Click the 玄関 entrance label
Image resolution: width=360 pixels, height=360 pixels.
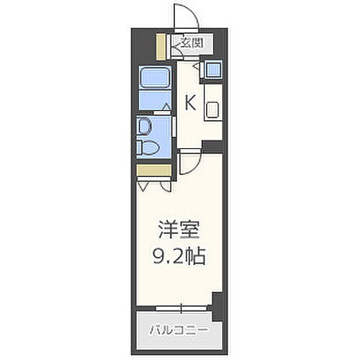pyautogui.click(x=191, y=43)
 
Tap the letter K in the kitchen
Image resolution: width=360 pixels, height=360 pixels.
pyautogui.click(x=190, y=103)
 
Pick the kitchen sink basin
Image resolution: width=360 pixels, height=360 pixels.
pyautogui.click(x=214, y=111)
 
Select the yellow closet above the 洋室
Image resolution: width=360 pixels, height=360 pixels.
pyautogui.click(x=153, y=170)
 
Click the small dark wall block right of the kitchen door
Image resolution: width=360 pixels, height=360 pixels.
pyautogui.click(x=212, y=146)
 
